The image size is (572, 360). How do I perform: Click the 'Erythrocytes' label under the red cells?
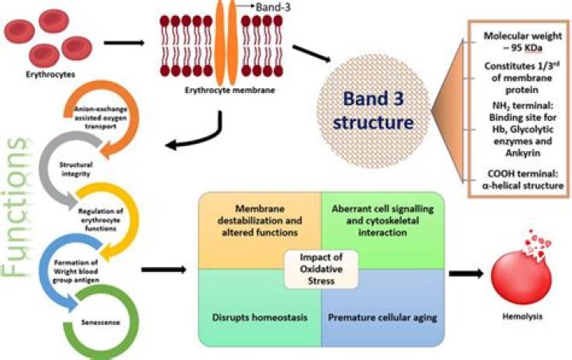50,75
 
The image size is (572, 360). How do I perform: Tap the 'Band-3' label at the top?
273,7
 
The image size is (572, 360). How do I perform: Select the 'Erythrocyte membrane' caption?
230,90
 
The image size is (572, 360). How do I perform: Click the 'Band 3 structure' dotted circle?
373,111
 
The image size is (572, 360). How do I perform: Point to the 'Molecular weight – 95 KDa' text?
523,41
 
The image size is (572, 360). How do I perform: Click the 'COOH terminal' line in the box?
523,173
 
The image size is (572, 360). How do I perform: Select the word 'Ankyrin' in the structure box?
523,153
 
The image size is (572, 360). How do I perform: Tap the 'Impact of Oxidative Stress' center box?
321,269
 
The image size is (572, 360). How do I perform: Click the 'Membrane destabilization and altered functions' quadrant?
260,230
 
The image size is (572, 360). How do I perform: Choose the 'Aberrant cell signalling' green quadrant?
383,230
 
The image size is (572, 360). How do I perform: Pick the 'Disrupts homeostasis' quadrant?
260,308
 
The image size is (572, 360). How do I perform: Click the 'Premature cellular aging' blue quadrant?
383,308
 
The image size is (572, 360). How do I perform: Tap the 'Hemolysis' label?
523,316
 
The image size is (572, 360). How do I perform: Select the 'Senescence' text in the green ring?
101,323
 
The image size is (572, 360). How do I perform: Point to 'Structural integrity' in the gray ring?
76,169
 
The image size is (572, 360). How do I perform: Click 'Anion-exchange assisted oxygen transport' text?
101,118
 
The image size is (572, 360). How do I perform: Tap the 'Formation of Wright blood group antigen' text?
76,271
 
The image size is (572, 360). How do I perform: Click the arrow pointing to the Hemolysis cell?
466,273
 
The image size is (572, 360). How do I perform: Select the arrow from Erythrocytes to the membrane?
124,43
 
